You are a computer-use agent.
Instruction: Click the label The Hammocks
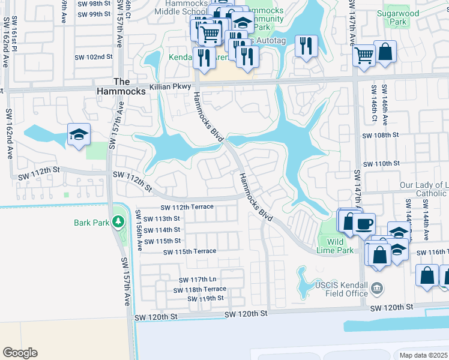(121, 86)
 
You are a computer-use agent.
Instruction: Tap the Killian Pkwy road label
(169, 86)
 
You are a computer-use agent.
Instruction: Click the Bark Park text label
(91, 223)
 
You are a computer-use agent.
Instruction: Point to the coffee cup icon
(364, 224)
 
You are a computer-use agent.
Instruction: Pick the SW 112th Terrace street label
(187, 207)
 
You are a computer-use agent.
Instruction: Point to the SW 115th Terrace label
(190, 251)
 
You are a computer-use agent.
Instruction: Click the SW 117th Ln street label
(197, 280)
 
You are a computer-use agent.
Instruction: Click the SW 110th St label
(381, 163)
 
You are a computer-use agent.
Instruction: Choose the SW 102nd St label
(94, 57)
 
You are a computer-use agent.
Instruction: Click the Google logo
(20, 352)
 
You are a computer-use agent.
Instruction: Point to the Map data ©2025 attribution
(423, 355)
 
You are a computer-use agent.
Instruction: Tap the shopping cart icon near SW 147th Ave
(364, 56)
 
